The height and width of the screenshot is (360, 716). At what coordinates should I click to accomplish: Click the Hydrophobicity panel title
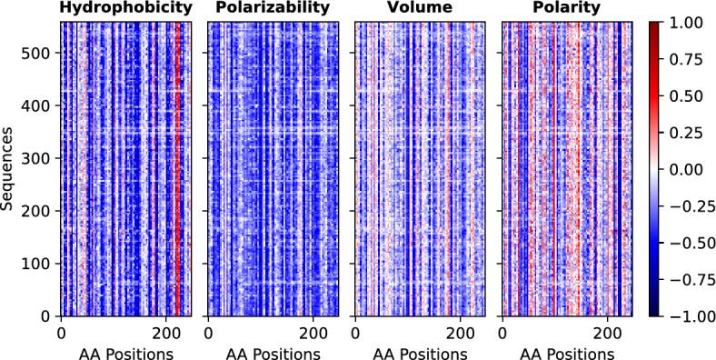coord(126,9)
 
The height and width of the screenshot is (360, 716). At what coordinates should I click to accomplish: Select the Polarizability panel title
coord(273,9)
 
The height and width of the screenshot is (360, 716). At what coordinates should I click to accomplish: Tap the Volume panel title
coord(420,9)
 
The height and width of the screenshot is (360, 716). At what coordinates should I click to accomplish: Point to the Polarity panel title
coord(567,9)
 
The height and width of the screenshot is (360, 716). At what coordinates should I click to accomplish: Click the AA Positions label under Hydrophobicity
coord(126,351)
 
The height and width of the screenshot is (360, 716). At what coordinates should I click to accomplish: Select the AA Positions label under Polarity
coord(567,351)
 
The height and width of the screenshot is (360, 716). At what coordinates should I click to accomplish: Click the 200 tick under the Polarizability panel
coord(313,333)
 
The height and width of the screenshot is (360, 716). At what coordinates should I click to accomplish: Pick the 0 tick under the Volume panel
coord(355,333)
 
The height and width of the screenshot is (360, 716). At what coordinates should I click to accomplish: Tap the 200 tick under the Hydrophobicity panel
coord(165,333)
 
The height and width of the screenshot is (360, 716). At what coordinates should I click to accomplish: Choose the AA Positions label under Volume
coord(420,351)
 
